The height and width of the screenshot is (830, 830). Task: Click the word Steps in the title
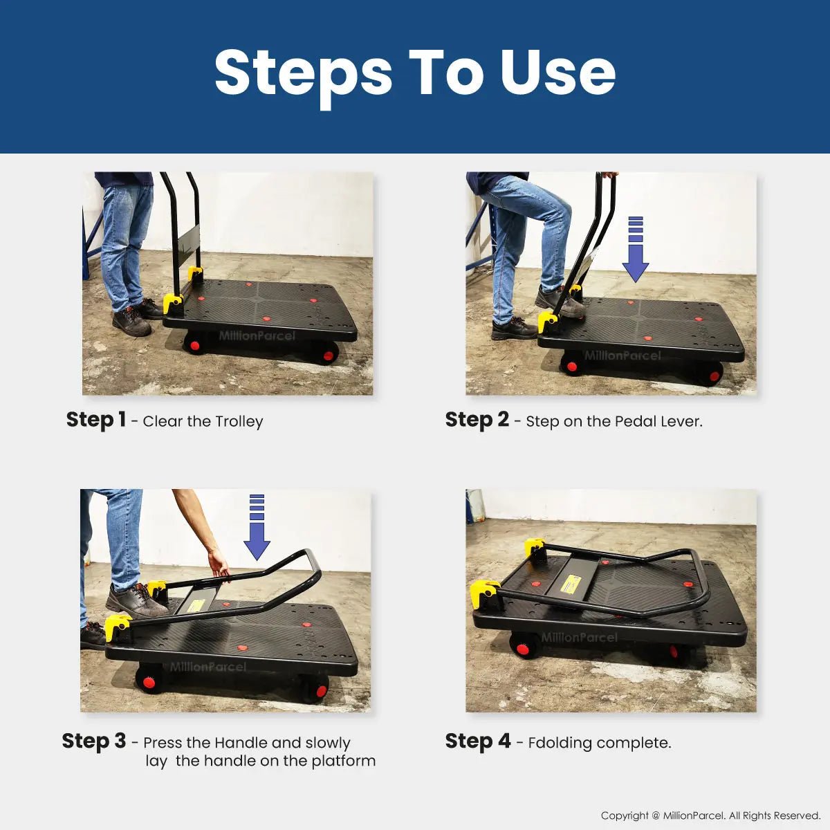(x=303, y=75)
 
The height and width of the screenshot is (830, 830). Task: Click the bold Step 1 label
(x=96, y=420)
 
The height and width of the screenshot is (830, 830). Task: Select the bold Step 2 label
(x=477, y=420)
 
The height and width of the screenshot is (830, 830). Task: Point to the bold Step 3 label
(x=94, y=741)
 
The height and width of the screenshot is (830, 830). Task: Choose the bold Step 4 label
(x=478, y=741)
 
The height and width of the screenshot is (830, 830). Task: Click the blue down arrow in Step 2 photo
(x=636, y=250)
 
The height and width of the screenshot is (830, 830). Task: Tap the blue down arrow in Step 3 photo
(x=257, y=527)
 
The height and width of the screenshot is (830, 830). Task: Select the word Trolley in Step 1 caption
(x=239, y=422)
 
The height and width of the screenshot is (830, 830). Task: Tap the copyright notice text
(x=711, y=815)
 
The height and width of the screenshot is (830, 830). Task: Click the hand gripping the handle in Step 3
(x=219, y=565)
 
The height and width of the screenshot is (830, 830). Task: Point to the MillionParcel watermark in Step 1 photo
(x=257, y=335)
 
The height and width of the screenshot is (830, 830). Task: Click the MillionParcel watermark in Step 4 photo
(x=579, y=637)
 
